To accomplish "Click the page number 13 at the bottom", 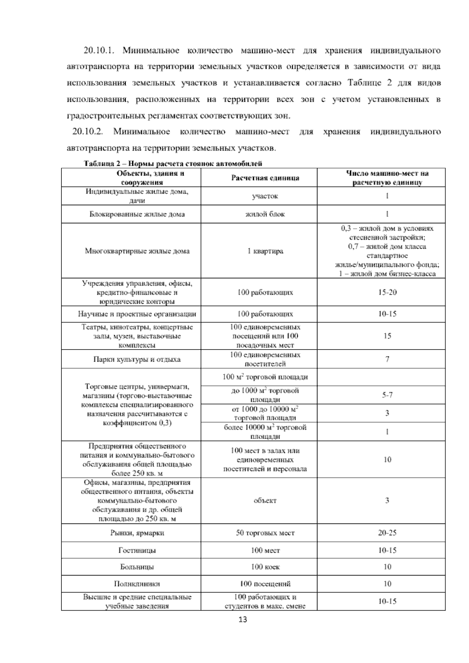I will click(x=242, y=620).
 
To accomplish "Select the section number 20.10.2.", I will click(x=88, y=132).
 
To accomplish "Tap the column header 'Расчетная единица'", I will click(x=265, y=178).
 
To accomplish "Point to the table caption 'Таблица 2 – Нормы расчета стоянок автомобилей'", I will click(x=173, y=163).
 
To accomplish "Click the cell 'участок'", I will click(x=265, y=196).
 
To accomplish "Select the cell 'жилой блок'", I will click(x=265, y=214).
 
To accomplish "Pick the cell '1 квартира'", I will click(x=265, y=251).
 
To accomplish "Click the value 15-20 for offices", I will click(x=387, y=292).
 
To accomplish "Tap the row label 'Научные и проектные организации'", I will click(x=137, y=314).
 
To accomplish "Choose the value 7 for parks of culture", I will click(x=387, y=359).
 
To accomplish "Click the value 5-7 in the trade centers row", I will click(x=387, y=395).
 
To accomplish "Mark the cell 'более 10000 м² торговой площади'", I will click(x=265, y=432).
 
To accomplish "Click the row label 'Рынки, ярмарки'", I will click(x=137, y=533).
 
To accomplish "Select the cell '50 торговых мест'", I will click(x=265, y=533).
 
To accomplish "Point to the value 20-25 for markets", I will click(x=387, y=533).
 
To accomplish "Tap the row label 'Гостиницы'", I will click(x=137, y=550).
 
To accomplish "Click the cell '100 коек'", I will click(x=265, y=567).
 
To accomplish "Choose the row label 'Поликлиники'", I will click(x=137, y=584).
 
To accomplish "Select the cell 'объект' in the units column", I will click(x=265, y=501).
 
